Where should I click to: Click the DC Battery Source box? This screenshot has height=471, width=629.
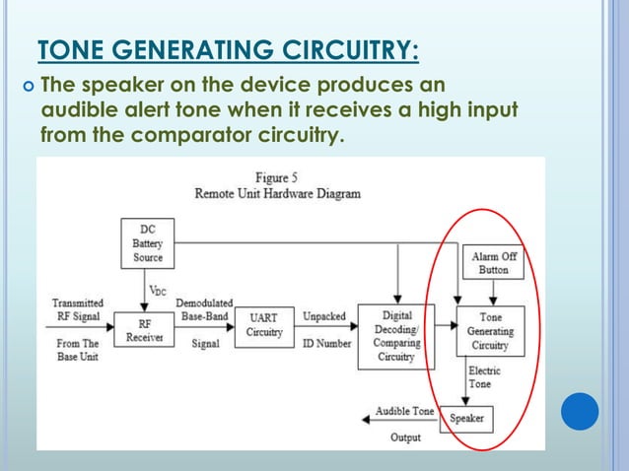(x=148, y=243)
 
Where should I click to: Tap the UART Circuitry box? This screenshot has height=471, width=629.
(x=263, y=325)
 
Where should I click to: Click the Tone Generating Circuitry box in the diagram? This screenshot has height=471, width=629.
(x=490, y=332)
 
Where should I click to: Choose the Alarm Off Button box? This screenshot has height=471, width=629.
(x=494, y=263)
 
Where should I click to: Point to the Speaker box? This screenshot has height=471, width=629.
(x=466, y=418)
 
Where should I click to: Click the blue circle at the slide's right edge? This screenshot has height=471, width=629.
(x=580, y=411)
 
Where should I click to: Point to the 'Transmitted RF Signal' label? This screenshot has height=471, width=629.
(x=76, y=309)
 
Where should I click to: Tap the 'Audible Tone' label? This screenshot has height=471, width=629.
(x=404, y=411)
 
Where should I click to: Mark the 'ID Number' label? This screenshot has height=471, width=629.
(x=324, y=343)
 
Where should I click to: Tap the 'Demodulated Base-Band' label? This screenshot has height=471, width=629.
(x=203, y=309)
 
